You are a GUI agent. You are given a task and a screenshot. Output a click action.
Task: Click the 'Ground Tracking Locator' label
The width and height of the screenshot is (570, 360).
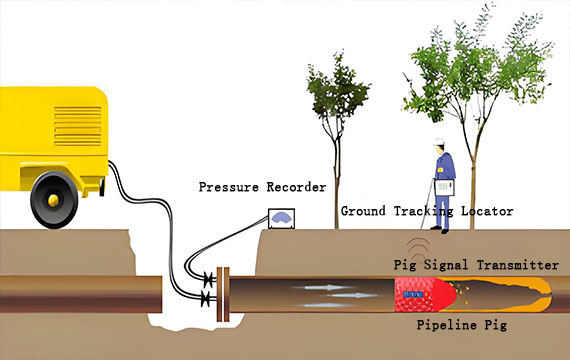pos(427,211)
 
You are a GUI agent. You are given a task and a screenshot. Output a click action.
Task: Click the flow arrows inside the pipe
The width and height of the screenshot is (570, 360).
pos(330,293)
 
